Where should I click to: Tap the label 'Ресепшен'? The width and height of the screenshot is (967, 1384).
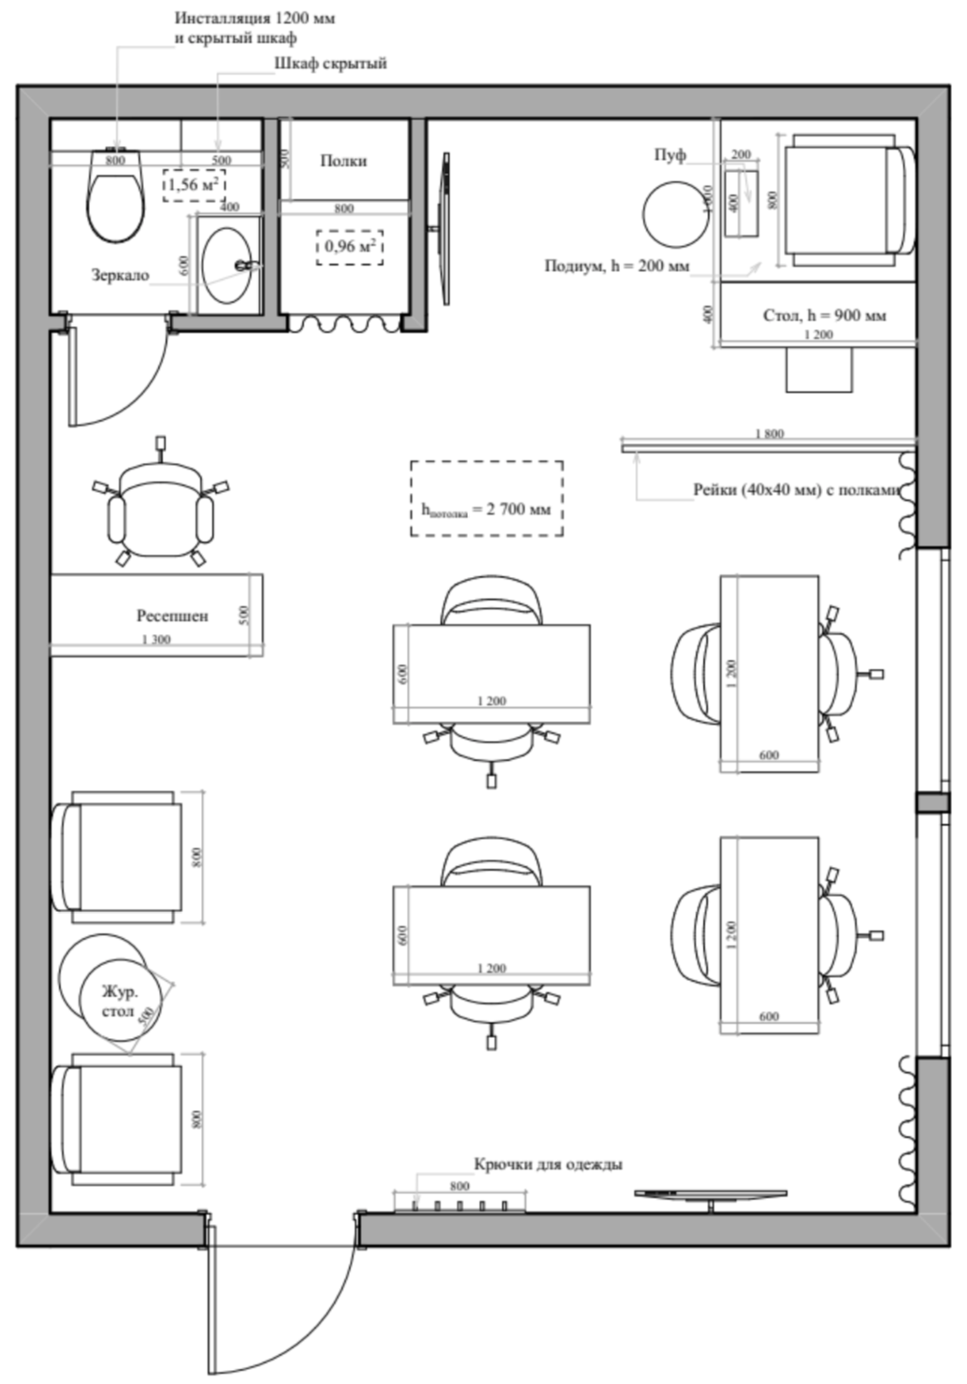(x=172, y=616)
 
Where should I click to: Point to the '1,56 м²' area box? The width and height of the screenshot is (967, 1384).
(x=194, y=185)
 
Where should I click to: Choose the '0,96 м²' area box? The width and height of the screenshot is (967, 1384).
(x=350, y=247)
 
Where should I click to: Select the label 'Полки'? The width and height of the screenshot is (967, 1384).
(x=343, y=161)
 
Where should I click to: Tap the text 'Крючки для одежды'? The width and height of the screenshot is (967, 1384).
(x=548, y=1164)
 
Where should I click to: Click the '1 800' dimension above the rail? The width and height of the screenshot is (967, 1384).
(x=769, y=434)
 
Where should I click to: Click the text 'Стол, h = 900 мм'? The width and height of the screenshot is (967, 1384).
(x=824, y=315)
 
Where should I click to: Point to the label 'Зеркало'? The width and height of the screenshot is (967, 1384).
(x=120, y=276)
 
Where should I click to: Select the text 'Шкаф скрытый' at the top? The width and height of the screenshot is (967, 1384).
(x=330, y=64)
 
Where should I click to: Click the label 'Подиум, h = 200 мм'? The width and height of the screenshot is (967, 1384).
(x=616, y=266)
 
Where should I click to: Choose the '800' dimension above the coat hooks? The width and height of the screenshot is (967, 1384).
(x=459, y=1186)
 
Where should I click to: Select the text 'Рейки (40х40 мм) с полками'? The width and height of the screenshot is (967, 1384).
(x=796, y=489)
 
